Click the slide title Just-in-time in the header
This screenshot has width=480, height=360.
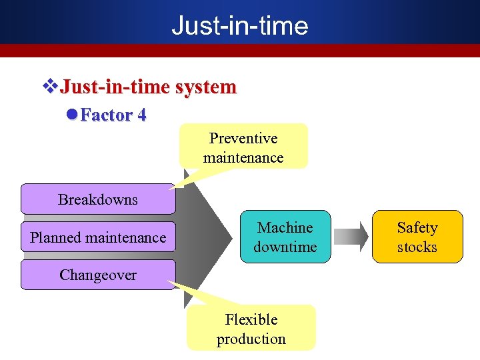pyautogui.click(x=240, y=25)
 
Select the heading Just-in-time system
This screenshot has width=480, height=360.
pyautogui.click(x=148, y=87)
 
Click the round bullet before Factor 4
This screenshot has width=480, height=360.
pyautogui.click(x=73, y=115)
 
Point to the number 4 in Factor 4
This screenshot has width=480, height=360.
pyautogui.click(x=141, y=115)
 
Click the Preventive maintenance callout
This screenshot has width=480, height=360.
pyautogui.click(x=243, y=147)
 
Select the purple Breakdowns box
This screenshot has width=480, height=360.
pyautogui.click(x=98, y=199)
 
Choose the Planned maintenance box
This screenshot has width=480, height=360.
pyautogui.click(x=98, y=237)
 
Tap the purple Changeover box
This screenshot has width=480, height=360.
pyautogui.click(x=98, y=275)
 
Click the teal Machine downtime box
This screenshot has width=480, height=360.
pyautogui.click(x=285, y=237)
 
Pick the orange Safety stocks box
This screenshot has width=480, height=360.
pyautogui.click(x=417, y=237)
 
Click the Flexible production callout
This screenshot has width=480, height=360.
pyautogui.click(x=251, y=329)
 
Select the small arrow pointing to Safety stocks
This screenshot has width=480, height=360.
pyautogui.click(x=351, y=237)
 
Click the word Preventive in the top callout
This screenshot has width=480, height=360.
pyautogui.click(x=243, y=139)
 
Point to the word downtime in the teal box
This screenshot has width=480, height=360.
pyautogui.click(x=285, y=247)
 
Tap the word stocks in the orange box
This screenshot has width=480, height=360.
pyautogui.click(x=417, y=247)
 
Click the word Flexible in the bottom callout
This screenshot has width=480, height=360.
pyautogui.click(x=251, y=319)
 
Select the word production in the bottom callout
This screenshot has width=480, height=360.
pyautogui.click(x=251, y=339)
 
